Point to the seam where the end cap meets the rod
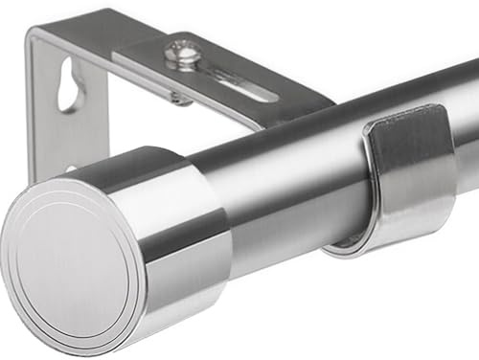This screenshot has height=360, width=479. click(x=225, y=206)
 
